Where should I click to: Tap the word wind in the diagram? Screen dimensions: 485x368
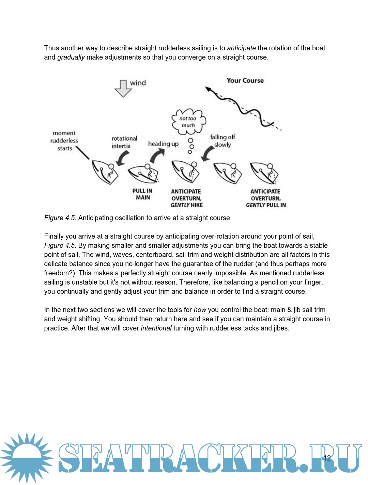click(x=138, y=83)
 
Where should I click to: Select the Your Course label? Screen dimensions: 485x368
click(x=245, y=81)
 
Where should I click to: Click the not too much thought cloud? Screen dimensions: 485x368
click(x=188, y=122)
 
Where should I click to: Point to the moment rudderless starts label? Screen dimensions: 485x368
click(x=64, y=141)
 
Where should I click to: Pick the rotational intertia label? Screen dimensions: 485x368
click(x=124, y=142)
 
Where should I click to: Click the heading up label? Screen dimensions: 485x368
click(x=163, y=144)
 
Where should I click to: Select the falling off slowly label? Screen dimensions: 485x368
click(x=223, y=141)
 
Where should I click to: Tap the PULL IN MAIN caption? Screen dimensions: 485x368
click(x=142, y=194)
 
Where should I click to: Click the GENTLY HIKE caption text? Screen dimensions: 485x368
click(x=187, y=205)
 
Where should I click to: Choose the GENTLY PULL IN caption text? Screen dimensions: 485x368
click(x=266, y=205)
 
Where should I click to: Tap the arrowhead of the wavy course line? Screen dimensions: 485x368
click(x=208, y=89)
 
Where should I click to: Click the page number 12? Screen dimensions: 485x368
click(x=327, y=458)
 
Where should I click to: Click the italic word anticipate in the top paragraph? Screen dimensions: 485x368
click(x=241, y=48)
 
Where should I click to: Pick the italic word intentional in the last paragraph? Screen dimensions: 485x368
click(x=156, y=328)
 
